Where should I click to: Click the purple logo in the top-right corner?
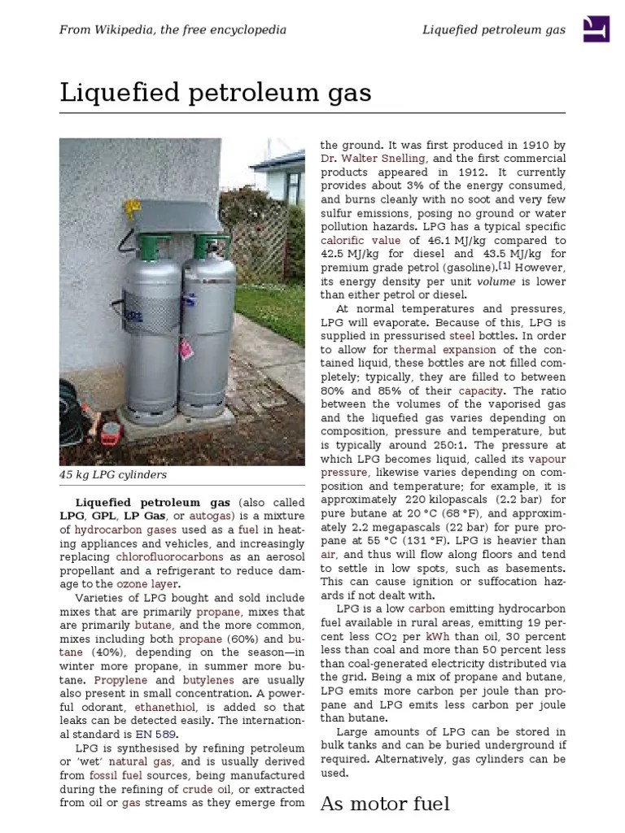597,29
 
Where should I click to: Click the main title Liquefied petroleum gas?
215,93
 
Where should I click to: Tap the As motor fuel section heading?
385,804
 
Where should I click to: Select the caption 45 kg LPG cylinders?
113,474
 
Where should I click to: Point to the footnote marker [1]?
504,267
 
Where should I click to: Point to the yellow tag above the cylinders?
129,208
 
